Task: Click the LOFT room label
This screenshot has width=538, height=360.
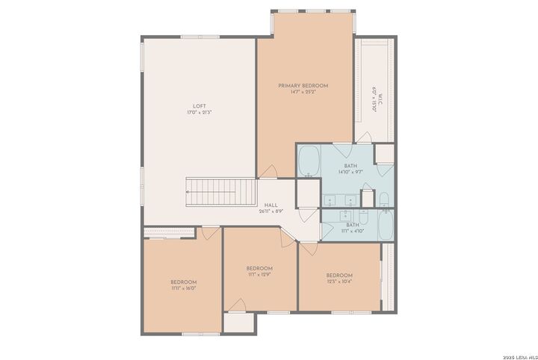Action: point(200,106)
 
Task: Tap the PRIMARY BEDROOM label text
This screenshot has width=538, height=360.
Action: point(303,86)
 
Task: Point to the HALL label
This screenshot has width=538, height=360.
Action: point(270,205)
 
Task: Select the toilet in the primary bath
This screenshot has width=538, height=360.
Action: point(383,199)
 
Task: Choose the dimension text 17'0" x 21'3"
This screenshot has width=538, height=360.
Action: point(200,113)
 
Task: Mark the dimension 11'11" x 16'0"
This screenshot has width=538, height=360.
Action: point(183,288)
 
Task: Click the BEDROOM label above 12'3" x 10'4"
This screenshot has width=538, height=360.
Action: point(338,275)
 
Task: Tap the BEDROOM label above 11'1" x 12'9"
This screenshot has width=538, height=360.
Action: point(259,268)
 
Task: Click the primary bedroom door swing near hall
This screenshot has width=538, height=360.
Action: point(274,170)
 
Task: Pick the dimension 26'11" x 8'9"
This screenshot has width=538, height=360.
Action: point(270,211)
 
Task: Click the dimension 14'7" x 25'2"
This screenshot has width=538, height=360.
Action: point(303,93)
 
